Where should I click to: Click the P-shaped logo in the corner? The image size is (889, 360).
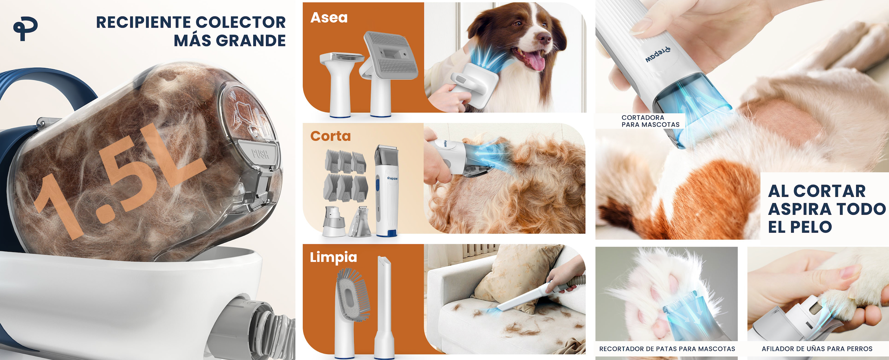click(x=25, y=29)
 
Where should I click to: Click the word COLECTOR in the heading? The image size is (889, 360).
click(x=241, y=22)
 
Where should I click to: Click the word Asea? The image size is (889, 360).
click(x=329, y=18)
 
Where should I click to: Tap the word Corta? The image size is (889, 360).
click(x=331, y=136)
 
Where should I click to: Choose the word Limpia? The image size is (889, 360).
click(x=334, y=258)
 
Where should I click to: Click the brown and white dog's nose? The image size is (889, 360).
click(x=544, y=38)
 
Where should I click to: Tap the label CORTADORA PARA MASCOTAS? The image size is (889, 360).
click(x=651, y=121)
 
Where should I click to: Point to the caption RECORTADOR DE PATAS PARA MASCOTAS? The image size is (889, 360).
click(x=667, y=349)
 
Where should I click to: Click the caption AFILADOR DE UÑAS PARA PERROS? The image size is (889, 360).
click(x=817, y=349)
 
